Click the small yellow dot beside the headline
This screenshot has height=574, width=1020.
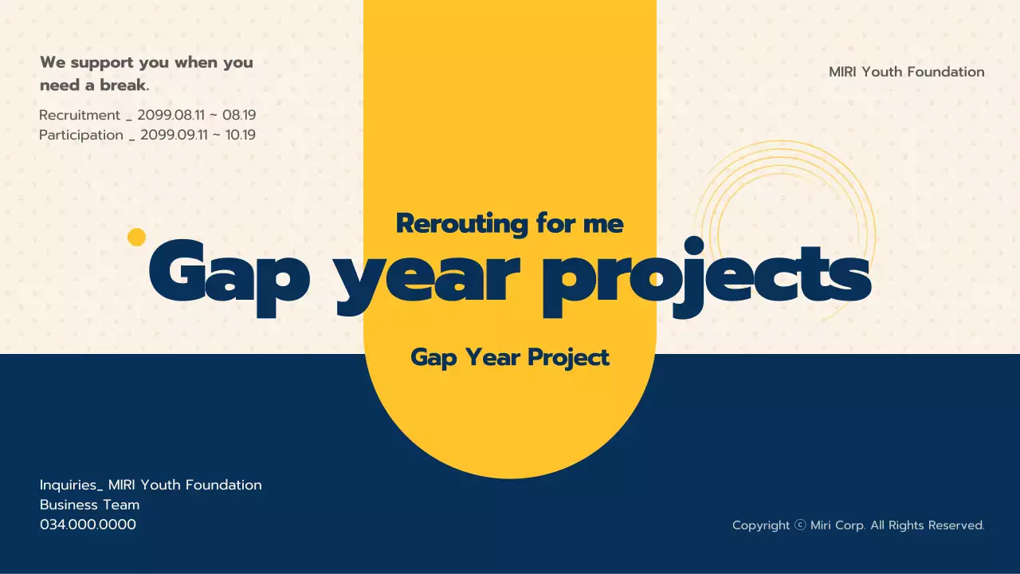pyautogui.click(x=136, y=237)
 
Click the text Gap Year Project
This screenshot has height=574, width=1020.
pyautogui.click(x=510, y=357)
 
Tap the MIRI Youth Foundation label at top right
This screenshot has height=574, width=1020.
pyautogui.click(x=907, y=72)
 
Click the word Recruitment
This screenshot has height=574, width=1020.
pyautogui.click(x=80, y=115)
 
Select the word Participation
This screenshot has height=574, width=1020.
pyautogui.click(x=81, y=135)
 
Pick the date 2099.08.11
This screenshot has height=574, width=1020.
pyautogui.click(x=171, y=115)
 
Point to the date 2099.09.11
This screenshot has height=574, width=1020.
pyautogui.click(x=174, y=135)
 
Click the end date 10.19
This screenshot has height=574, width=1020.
pyautogui.click(x=241, y=135)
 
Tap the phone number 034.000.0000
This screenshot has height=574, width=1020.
pyautogui.click(x=88, y=525)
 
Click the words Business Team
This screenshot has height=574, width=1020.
pyautogui.click(x=90, y=505)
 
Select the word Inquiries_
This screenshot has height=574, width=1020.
pyautogui.click(x=72, y=486)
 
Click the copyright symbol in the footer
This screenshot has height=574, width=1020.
pyautogui.click(x=800, y=525)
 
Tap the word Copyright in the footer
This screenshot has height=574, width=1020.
pyautogui.click(x=761, y=525)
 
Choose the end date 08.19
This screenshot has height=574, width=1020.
pyautogui.click(x=239, y=115)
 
